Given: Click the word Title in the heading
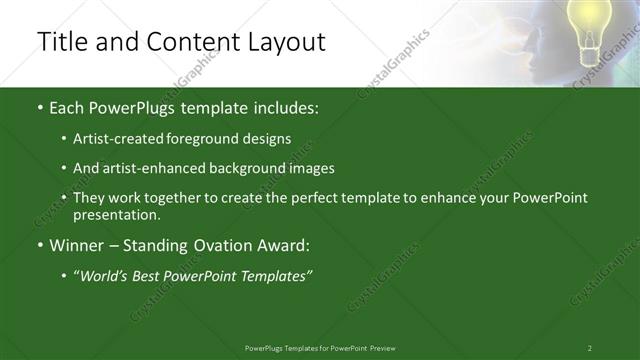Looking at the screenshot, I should (x=59, y=42).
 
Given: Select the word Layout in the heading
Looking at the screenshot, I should (x=286, y=42).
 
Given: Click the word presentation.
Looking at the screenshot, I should (x=116, y=214).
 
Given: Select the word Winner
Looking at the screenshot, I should (x=77, y=245).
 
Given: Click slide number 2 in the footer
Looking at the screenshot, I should (x=590, y=348).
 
